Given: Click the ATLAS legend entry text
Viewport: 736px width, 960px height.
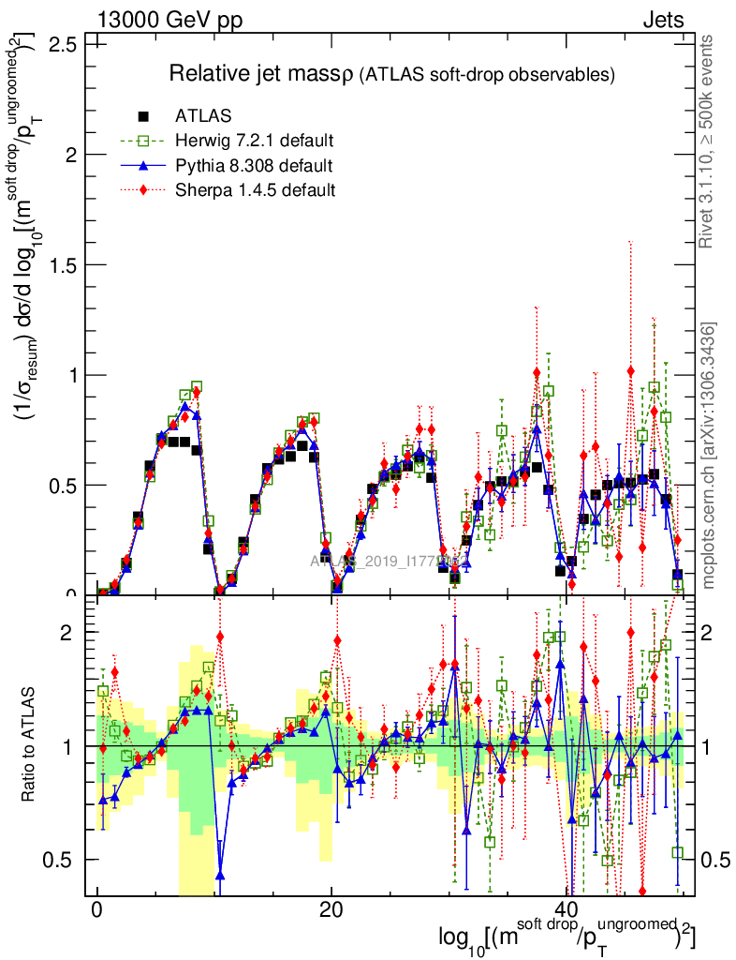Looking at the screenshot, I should pos(202,117).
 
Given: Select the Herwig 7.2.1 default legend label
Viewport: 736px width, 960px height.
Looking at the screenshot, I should pos(254,142).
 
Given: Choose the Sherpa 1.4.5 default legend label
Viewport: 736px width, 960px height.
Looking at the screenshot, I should pos(255,190).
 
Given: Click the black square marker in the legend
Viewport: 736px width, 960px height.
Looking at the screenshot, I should pos(143,117).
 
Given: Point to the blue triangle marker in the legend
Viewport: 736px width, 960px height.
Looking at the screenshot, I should pos(143,166).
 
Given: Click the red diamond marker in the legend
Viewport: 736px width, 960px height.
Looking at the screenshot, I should pos(143,190).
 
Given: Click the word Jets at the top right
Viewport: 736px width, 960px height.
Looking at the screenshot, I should pos(664,20).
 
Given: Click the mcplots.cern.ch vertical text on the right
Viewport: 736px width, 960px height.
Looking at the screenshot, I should pos(709,455).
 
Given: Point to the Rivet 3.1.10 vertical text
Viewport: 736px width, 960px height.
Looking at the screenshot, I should pos(709,141).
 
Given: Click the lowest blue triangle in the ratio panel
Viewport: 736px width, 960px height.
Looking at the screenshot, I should pos(220,875).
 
